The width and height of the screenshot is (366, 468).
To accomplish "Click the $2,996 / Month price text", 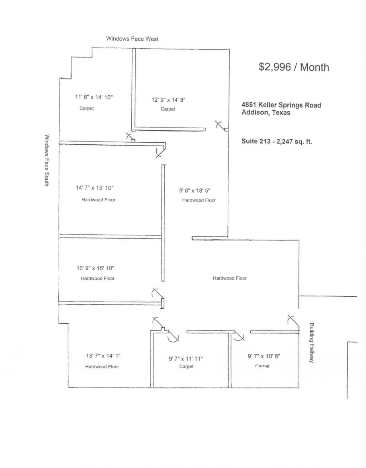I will pyautogui.click(x=294, y=67).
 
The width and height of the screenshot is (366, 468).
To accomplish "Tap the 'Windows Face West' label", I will pyautogui.click(x=132, y=39).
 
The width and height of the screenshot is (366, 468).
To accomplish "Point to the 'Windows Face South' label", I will pyautogui.click(x=47, y=160).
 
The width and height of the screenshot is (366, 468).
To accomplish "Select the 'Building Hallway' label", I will pyautogui.click(x=311, y=343).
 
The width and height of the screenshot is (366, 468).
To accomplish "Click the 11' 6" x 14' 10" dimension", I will pyautogui.click(x=94, y=97).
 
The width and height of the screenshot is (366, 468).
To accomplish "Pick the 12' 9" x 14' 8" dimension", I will pyautogui.click(x=168, y=100).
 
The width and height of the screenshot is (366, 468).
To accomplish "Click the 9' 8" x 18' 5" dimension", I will pyautogui.click(x=194, y=191).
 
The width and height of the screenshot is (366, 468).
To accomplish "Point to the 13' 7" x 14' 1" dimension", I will pyautogui.click(x=103, y=356).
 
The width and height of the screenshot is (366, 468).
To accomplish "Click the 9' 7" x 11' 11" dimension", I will pyautogui.click(x=186, y=359).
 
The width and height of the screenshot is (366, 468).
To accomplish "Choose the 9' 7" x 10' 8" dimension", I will pyautogui.click(x=264, y=356).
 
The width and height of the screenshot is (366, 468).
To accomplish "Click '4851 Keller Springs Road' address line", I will pyautogui.click(x=281, y=105).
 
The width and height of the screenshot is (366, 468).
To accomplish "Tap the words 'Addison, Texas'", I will pyautogui.click(x=266, y=113).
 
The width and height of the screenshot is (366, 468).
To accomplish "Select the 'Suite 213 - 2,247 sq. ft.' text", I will pyautogui.click(x=276, y=141).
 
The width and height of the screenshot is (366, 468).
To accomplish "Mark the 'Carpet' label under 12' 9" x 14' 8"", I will pyautogui.click(x=168, y=109).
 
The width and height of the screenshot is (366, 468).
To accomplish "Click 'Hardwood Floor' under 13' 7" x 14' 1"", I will pyautogui.click(x=102, y=367).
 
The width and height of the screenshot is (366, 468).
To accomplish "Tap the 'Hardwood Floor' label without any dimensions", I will pyautogui.click(x=230, y=278).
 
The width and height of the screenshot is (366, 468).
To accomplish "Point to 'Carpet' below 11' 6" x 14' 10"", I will pyautogui.click(x=87, y=109).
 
